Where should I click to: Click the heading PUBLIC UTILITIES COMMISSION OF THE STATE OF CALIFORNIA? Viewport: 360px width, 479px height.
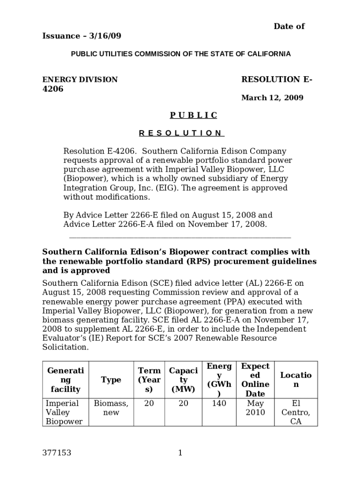tap(180, 54)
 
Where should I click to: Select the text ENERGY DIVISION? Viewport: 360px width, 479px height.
tap(80, 80)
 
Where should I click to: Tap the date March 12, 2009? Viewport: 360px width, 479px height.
tap(272, 98)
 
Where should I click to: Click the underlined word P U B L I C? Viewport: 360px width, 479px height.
tap(193, 115)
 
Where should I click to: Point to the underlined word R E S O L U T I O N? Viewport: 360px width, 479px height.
tap(181, 133)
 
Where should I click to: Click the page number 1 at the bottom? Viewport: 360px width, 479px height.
tap(180, 452)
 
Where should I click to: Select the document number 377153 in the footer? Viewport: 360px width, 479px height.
tap(57, 452)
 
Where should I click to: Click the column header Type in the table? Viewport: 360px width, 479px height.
tap(111, 380)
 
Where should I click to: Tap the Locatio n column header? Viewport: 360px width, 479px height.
tap(295, 380)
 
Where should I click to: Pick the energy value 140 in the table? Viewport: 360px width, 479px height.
tap(219, 403)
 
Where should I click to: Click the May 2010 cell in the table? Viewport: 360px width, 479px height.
tap(255, 408)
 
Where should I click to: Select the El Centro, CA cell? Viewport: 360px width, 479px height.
tap(295, 412)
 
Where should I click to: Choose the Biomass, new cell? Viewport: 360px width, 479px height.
tap(111, 408)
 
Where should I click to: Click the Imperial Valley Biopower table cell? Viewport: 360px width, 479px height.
tap(64, 412)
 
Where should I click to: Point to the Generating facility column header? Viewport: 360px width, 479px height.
tap(65, 380)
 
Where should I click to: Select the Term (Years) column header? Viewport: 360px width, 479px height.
tap(149, 380)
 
